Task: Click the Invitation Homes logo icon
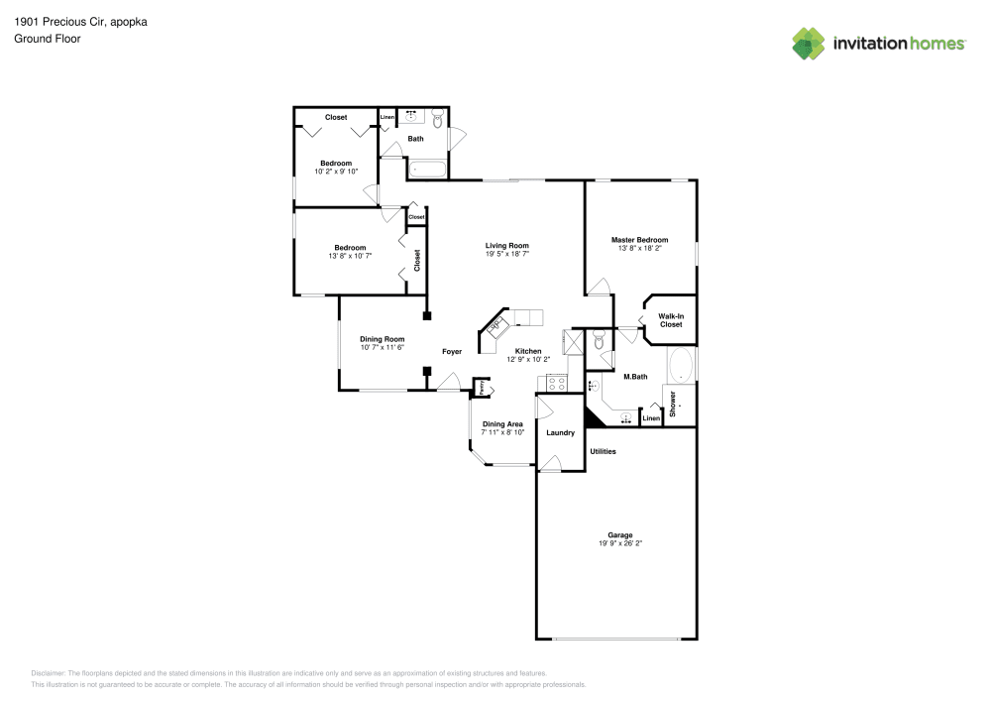click(x=809, y=43)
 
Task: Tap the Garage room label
click(x=620, y=535)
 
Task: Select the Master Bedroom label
click(x=639, y=240)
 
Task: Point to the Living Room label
click(x=506, y=246)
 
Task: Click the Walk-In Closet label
click(x=671, y=320)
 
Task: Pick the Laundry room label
click(x=560, y=432)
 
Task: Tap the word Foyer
click(x=452, y=352)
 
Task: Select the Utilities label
click(x=603, y=451)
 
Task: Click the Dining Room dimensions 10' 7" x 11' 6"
click(x=382, y=347)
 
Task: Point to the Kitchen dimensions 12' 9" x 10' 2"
click(x=527, y=359)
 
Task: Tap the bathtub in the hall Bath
click(x=428, y=170)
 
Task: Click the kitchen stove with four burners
click(x=557, y=382)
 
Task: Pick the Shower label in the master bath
click(x=673, y=404)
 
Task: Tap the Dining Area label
click(x=502, y=423)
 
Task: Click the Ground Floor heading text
click(x=47, y=39)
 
